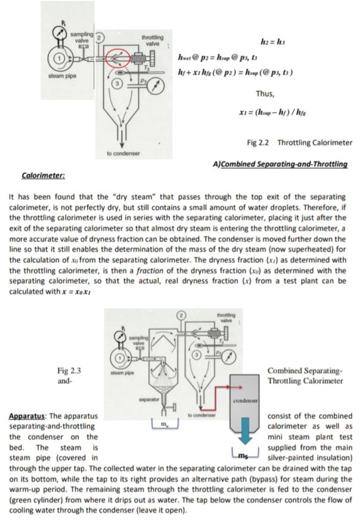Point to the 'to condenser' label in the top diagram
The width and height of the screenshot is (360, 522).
(123, 153)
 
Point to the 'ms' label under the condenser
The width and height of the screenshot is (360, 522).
(245, 456)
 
